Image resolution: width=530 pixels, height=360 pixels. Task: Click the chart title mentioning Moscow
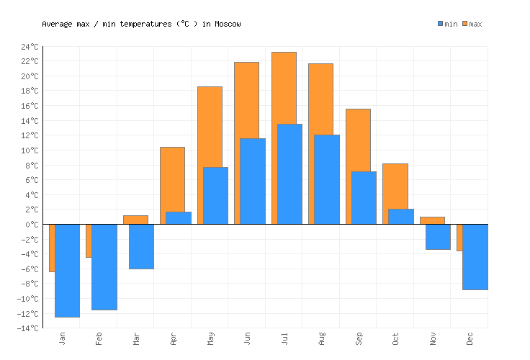tap(141, 24)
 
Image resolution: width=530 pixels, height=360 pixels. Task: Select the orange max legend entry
tap(472, 24)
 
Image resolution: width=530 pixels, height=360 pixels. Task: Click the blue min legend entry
tap(447, 24)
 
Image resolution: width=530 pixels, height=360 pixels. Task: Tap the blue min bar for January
tap(67, 270)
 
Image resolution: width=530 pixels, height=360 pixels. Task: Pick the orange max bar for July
tap(284, 86)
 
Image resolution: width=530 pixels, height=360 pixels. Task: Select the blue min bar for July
tap(289, 174)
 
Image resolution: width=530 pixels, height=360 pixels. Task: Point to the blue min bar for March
tap(141, 246)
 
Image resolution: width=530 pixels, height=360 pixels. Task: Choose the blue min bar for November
tap(438, 237)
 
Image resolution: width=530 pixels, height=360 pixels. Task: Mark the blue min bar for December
tap(475, 257)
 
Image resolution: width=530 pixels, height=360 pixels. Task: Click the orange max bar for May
tap(210, 126)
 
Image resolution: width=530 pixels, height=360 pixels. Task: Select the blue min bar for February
tap(104, 266)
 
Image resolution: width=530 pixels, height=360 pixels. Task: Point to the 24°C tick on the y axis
tap(31, 47)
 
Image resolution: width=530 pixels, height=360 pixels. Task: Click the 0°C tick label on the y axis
tap(31, 225)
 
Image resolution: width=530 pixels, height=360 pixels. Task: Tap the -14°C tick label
tap(29, 328)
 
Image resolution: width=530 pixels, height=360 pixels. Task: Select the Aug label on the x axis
tap(321, 338)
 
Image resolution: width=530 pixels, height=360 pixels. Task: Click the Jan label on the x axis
tap(62, 338)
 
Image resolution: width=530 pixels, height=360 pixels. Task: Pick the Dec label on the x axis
tap(470, 338)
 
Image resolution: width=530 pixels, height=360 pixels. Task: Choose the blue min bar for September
tap(364, 198)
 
